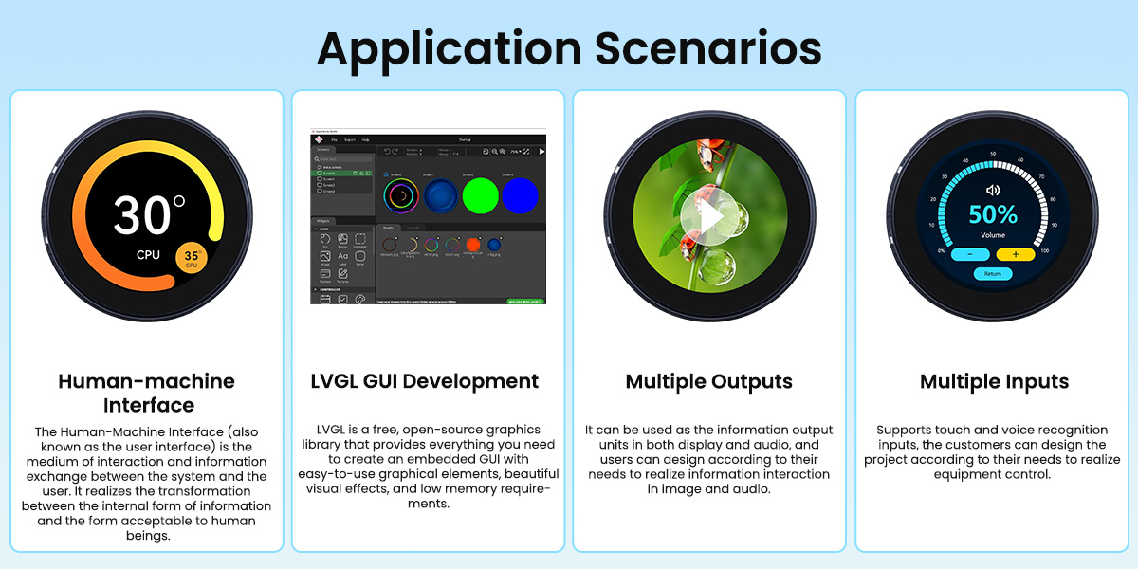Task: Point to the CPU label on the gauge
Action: pyautogui.click(x=148, y=255)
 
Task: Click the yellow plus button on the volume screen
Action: pyautogui.click(x=1016, y=254)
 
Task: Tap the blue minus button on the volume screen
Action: pyautogui.click(x=970, y=254)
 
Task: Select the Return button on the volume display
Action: pyautogui.click(x=992, y=274)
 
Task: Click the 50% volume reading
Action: pyautogui.click(x=993, y=214)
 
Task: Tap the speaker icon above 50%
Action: pyautogui.click(x=993, y=190)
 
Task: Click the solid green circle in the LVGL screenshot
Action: pyautogui.click(x=481, y=195)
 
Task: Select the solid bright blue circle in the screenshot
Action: pyautogui.click(x=520, y=195)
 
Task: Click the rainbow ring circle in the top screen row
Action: pyautogui.click(x=402, y=195)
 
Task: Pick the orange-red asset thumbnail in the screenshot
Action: pyautogui.click(x=473, y=245)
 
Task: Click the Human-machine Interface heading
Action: pyautogui.click(x=146, y=393)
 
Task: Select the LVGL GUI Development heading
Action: pyautogui.click(x=425, y=381)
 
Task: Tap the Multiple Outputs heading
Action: pyautogui.click(x=708, y=381)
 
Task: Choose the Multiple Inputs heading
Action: pyautogui.click(x=994, y=381)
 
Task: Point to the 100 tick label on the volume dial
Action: pyautogui.click(x=1044, y=250)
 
